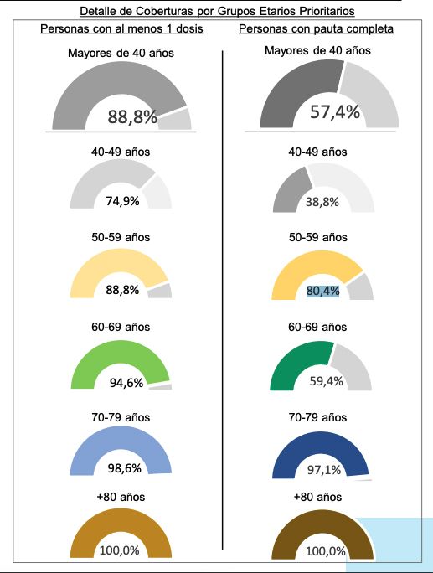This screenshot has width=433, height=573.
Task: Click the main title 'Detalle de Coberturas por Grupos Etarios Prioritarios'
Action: pyautogui.click(x=216, y=11)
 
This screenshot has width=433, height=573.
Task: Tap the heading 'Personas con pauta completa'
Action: pyautogui.click(x=317, y=29)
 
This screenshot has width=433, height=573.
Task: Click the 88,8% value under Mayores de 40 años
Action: pyautogui.click(x=132, y=116)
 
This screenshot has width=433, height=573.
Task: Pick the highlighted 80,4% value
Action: pyautogui.click(x=322, y=291)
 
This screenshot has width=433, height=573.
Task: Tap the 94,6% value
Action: pyautogui.click(x=126, y=383)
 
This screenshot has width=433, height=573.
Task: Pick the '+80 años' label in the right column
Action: pyautogui.click(x=317, y=498)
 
